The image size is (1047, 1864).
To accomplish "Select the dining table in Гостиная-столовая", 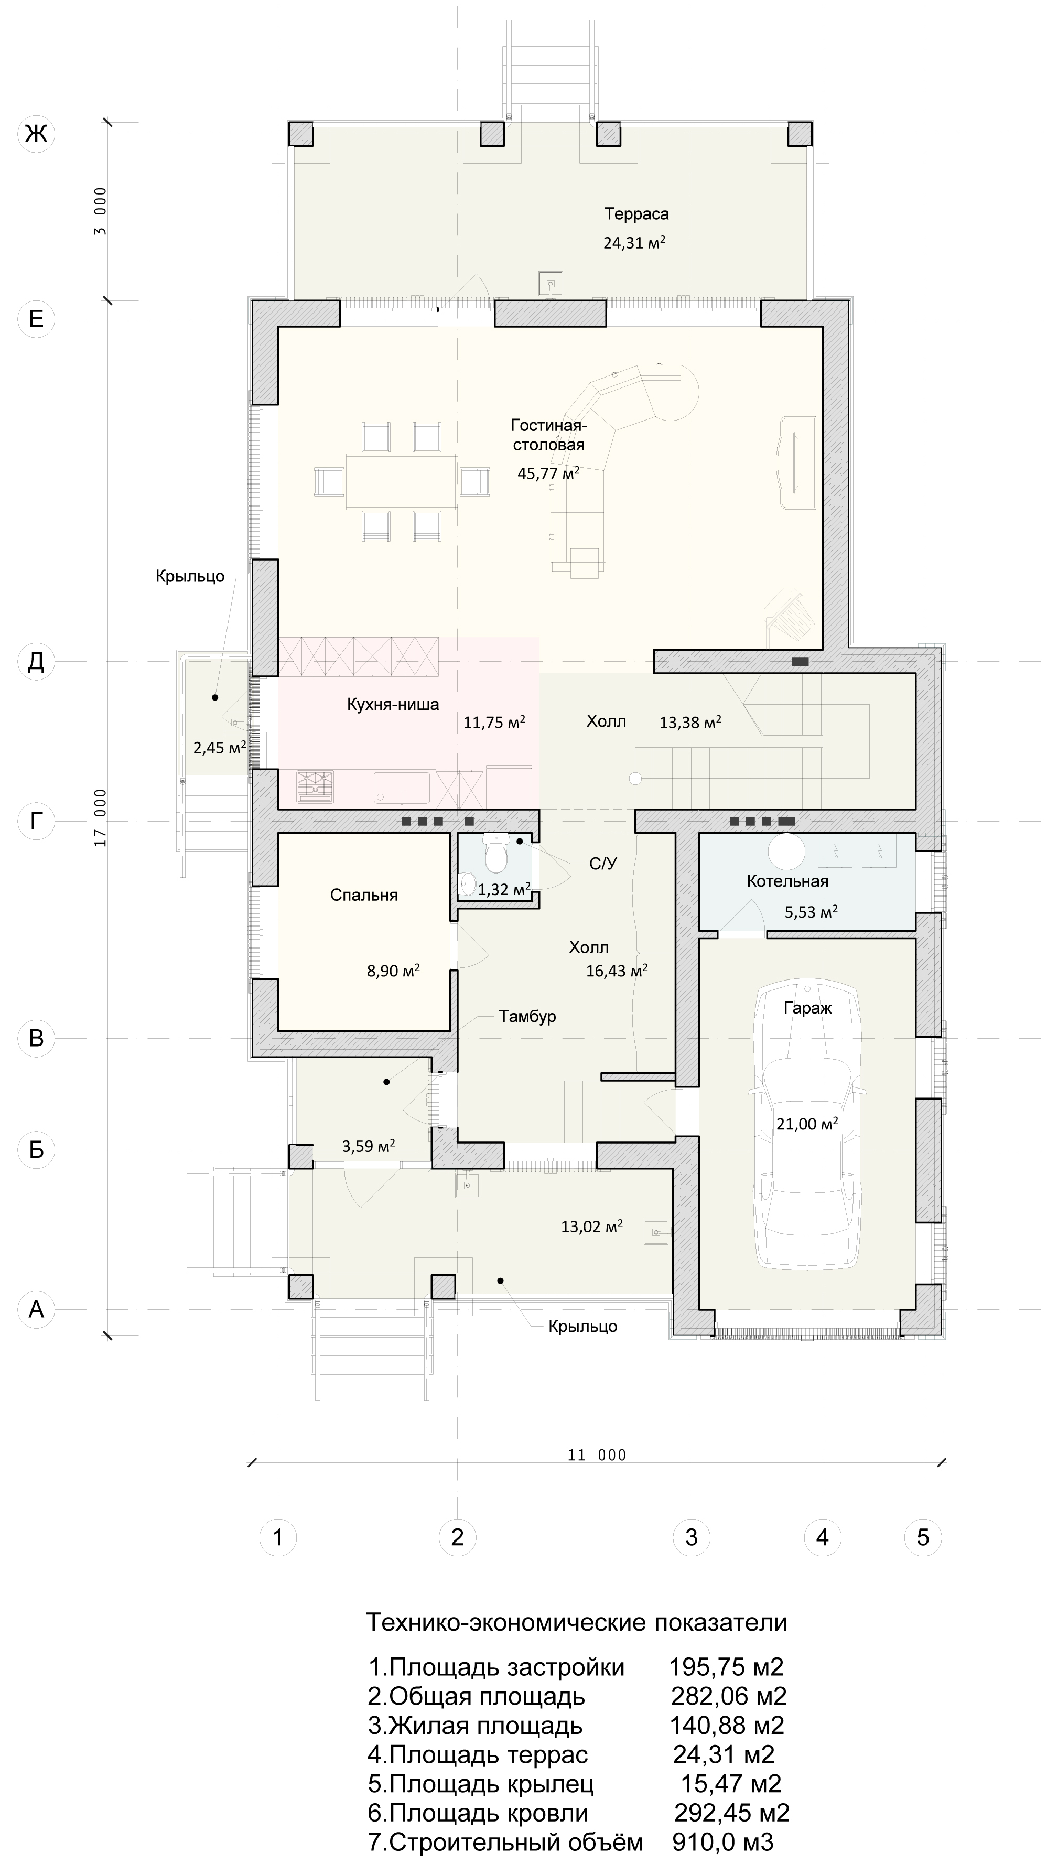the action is coord(402,481).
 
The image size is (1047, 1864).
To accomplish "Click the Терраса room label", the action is coord(636,213).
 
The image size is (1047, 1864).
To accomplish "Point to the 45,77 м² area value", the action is coord(548,473).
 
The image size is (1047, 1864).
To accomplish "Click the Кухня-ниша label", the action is coord(393,704).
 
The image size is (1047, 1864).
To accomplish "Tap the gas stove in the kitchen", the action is coord(316,786).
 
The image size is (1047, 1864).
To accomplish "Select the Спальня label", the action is coord(364,895).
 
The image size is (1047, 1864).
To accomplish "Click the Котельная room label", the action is coord(787,881).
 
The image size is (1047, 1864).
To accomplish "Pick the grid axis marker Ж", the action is coord(36,133).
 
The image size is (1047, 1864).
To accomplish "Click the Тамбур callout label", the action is coord(527,1016).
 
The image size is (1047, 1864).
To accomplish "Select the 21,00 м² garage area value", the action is coord(807,1123).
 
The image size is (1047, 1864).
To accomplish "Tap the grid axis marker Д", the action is coord(36,661).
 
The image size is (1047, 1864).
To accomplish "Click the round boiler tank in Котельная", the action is coord(786,850).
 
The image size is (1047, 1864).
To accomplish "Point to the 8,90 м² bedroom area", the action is coord(394,971).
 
